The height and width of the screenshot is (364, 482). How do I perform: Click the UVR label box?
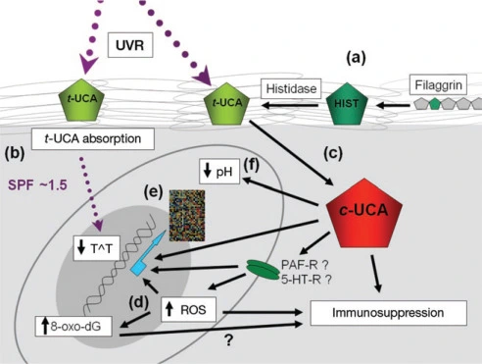coord(130,45)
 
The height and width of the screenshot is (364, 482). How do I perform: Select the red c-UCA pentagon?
coord(364,213)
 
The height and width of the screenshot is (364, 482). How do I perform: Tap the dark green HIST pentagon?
coord(347,104)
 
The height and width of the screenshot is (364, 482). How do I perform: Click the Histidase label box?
coord(291,88)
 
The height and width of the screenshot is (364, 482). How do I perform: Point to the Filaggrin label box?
coord(438,84)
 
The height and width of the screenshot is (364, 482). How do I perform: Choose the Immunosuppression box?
coord(388,313)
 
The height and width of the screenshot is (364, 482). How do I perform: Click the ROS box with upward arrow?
coord(189,309)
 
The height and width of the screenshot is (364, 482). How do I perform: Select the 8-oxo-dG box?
coord(73,326)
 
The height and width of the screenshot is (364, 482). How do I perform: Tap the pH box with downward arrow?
coord(219,171)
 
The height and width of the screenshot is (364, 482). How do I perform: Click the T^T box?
coord(97,248)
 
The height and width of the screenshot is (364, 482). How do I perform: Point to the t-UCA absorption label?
coord(93,139)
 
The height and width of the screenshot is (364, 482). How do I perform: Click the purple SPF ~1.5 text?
coord(37,185)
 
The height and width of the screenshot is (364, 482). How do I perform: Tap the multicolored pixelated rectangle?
coord(187,216)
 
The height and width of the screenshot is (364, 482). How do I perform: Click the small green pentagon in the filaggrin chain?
coord(434,104)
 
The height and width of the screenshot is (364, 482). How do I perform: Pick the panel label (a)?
coord(357,58)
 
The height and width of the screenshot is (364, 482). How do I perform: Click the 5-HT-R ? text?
coord(307,280)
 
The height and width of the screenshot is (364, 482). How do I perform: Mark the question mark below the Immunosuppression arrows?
coord(228,340)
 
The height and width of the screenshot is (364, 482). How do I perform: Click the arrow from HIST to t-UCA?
coord(290,105)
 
